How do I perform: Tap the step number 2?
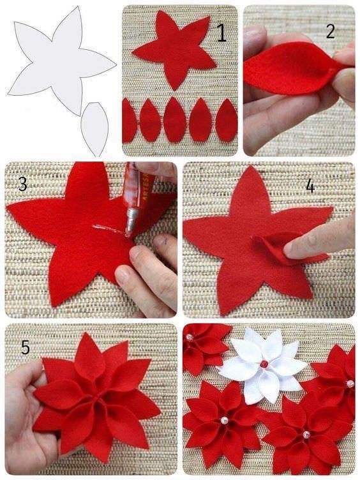pyautogui.click(x=330, y=31)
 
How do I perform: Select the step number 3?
pyautogui.click(x=22, y=184)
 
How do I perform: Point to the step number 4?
pyautogui.click(x=310, y=186)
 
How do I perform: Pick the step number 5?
pyautogui.click(x=25, y=347)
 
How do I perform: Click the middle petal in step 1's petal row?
pyautogui.click(x=174, y=119)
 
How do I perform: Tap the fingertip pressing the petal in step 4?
pyautogui.click(x=293, y=246)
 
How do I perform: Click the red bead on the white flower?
pyautogui.click(x=264, y=364)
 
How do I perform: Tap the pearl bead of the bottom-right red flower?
pyautogui.click(x=306, y=434)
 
